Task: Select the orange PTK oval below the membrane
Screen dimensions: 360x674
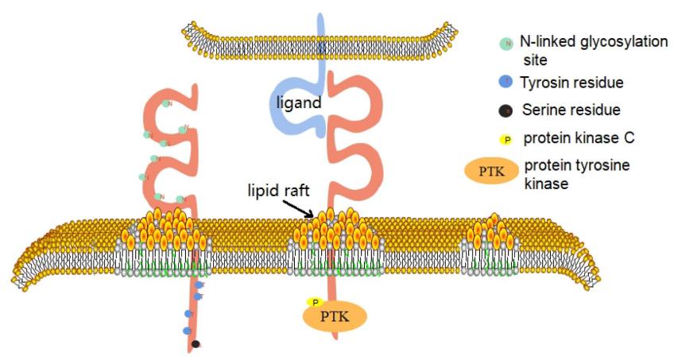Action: (x=335, y=318)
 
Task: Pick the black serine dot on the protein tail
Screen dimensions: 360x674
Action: (x=196, y=344)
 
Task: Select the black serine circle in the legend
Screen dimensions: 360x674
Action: (x=506, y=110)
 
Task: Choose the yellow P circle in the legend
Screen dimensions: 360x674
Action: (x=506, y=139)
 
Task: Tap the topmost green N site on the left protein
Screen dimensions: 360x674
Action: (x=166, y=103)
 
